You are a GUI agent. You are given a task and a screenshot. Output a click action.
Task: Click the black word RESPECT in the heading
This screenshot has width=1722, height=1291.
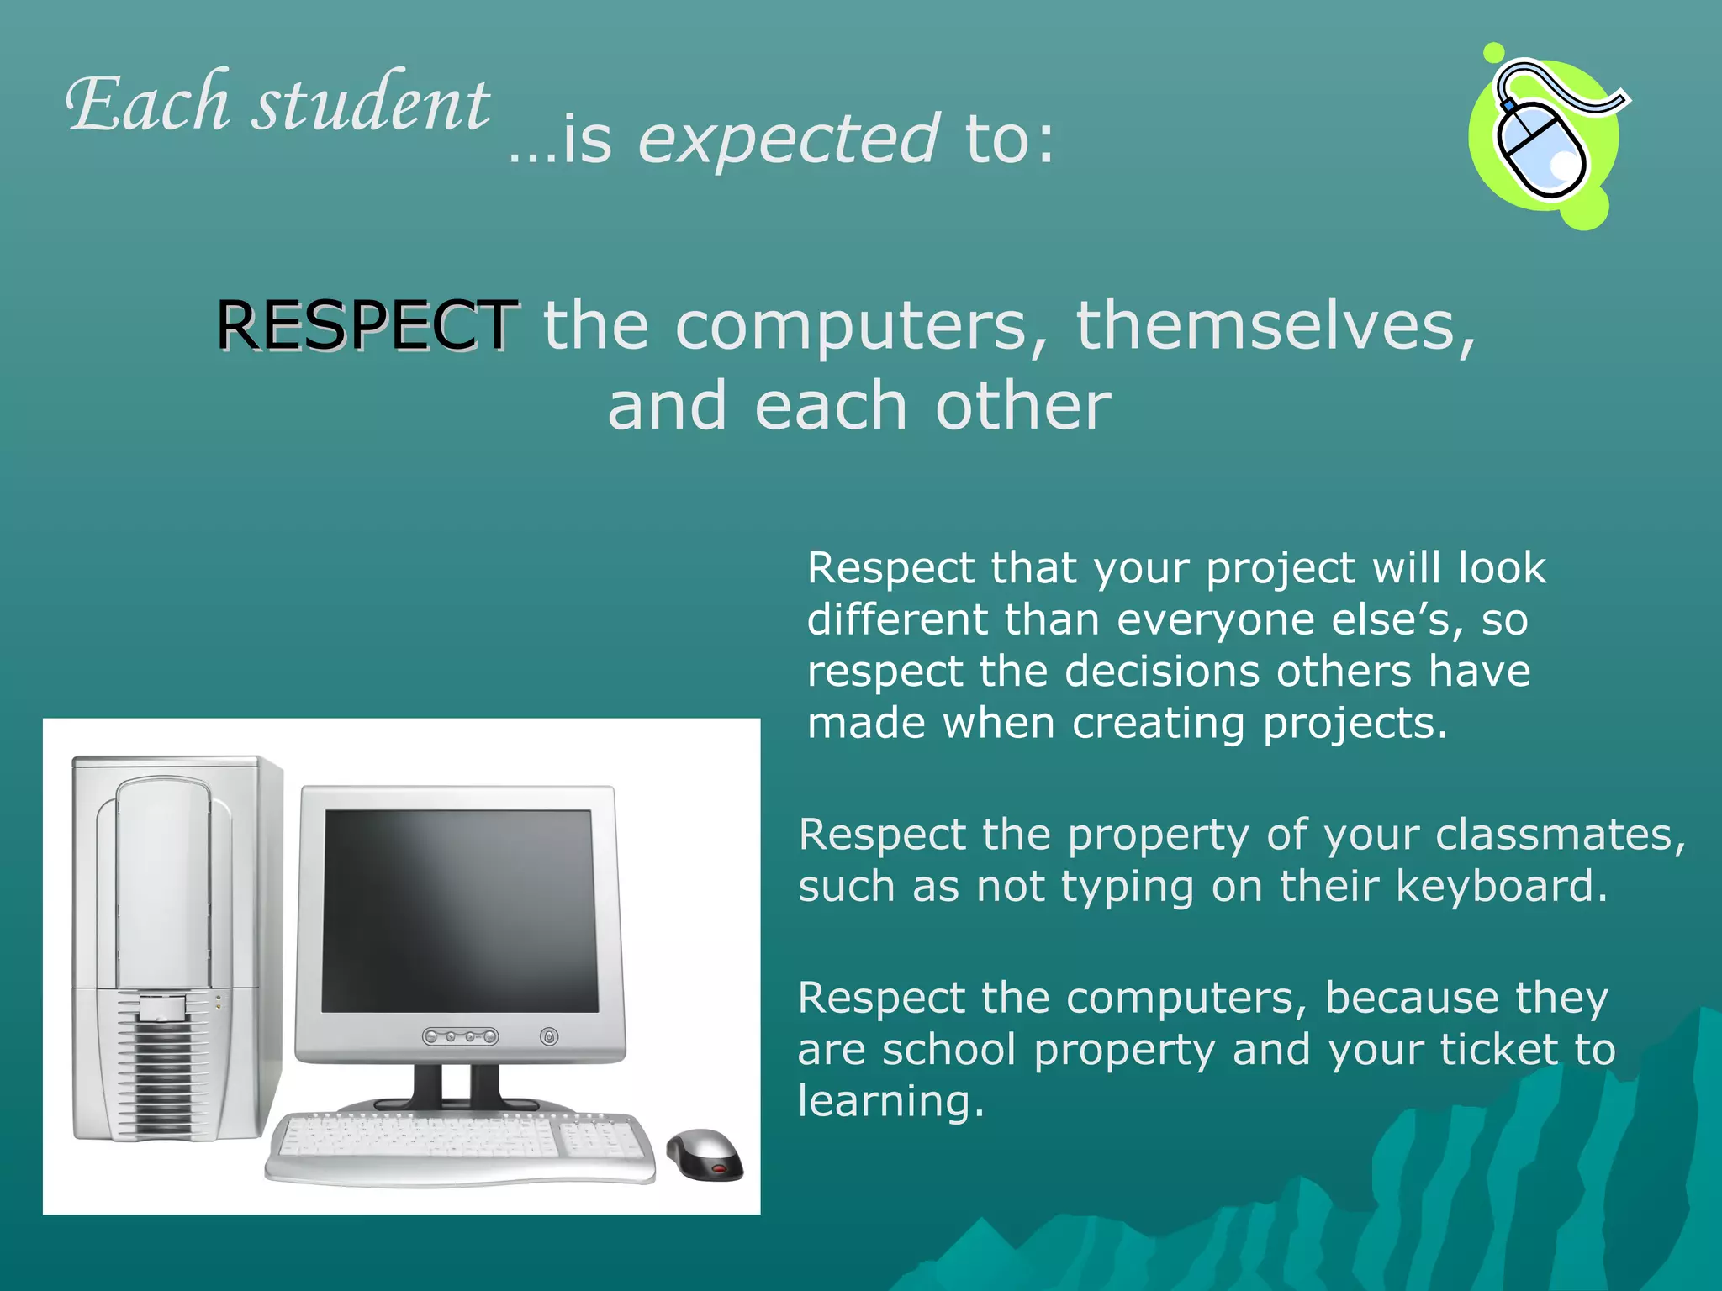[x=367, y=325]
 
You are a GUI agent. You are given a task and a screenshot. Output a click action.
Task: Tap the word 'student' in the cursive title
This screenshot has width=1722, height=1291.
[x=371, y=104]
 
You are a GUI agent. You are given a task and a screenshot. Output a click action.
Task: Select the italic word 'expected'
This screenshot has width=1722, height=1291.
[x=788, y=140]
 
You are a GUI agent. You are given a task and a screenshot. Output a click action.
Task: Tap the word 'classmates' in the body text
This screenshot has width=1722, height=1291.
[x=1560, y=835]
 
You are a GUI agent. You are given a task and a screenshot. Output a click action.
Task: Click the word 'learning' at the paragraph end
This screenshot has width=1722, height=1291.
[x=890, y=1101]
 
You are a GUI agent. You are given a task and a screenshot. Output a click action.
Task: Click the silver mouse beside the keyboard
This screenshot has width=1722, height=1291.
[x=705, y=1154]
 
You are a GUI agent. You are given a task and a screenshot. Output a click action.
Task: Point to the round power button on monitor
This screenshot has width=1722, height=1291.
[x=549, y=1036]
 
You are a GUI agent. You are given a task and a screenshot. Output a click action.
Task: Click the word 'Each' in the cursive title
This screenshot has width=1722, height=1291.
[x=148, y=104]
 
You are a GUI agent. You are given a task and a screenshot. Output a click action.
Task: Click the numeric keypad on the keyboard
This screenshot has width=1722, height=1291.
[x=599, y=1140]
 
